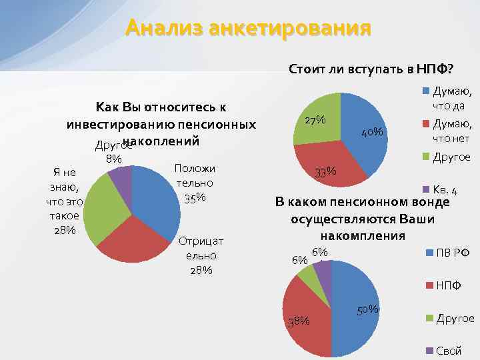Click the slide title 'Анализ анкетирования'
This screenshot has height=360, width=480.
247,29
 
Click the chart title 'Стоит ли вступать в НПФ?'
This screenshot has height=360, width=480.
371,69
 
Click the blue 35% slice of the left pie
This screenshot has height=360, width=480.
157,193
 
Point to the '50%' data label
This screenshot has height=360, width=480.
369,309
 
